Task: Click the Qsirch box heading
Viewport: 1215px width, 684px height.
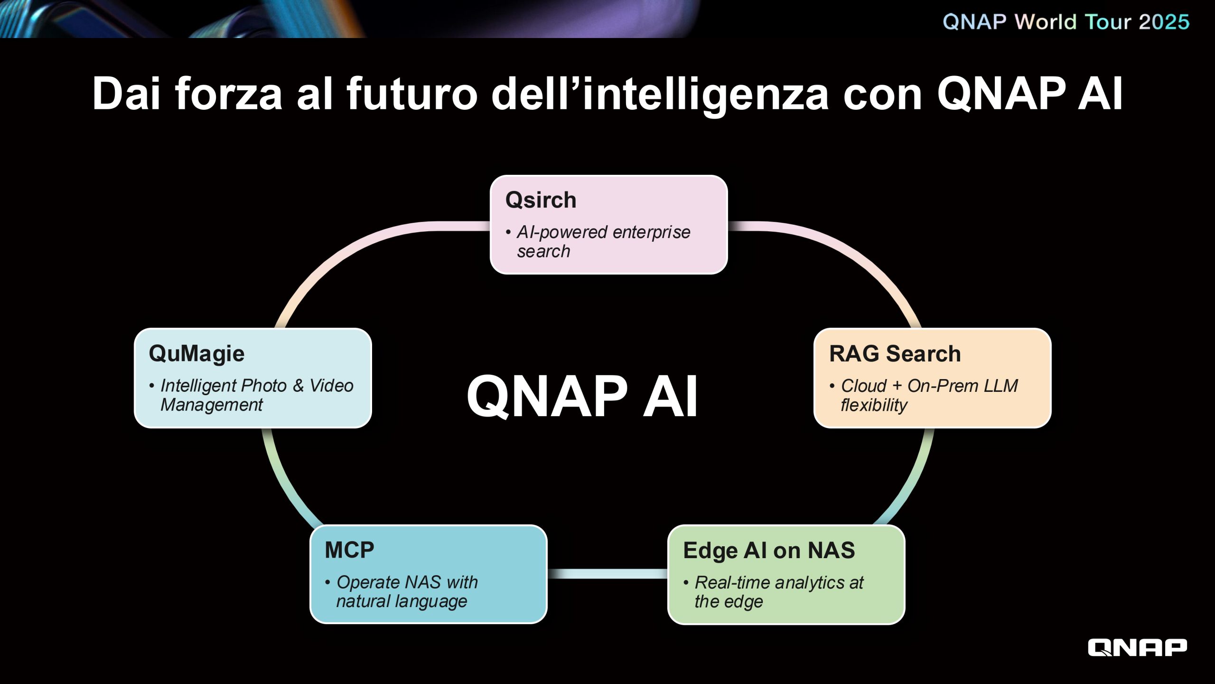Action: click(x=541, y=200)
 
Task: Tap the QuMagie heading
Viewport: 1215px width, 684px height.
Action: click(x=196, y=354)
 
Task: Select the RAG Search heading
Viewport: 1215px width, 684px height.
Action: click(x=895, y=354)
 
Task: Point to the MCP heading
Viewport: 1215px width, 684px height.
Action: click(x=349, y=550)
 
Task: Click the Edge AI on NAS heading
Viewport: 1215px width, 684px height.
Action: click(x=769, y=551)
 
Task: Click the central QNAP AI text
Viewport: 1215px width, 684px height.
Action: click(x=582, y=396)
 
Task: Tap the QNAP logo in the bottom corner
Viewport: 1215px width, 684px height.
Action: click(x=1137, y=647)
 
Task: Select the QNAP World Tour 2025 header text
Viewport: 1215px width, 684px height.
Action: click(x=1066, y=22)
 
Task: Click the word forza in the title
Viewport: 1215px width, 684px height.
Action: click(x=229, y=94)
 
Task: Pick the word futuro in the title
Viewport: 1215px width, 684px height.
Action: click(x=412, y=94)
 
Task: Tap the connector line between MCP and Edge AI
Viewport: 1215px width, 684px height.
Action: click(x=607, y=574)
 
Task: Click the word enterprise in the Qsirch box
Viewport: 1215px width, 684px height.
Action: click(x=651, y=232)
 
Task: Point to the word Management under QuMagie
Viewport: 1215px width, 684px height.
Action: click(x=212, y=405)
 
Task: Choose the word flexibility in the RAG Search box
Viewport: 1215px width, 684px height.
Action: click(x=874, y=405)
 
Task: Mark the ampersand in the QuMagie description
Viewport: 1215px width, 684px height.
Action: click(x=298, y=386)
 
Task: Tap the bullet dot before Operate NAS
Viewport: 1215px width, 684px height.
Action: click(x=327, y=582)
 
